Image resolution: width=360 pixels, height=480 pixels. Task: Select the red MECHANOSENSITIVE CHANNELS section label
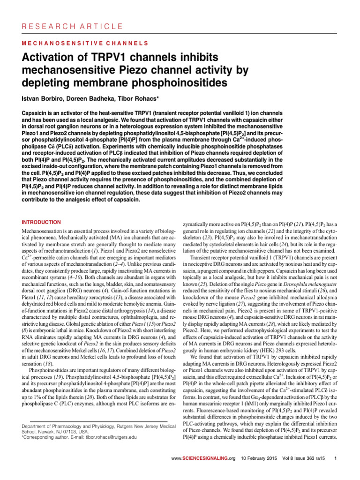(x=85, y=44)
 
